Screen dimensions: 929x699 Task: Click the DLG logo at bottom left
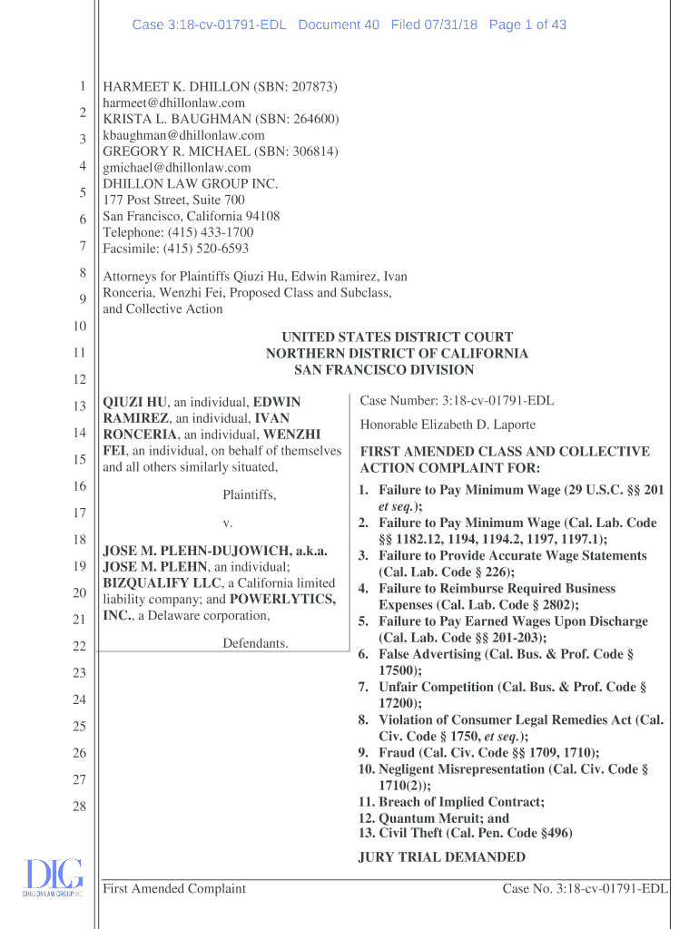coord(53,878)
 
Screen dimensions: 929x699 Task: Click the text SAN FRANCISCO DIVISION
coord(384,370)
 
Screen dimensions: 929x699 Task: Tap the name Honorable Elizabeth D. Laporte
coord(448,425)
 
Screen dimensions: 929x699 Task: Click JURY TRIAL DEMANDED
coord(442,857)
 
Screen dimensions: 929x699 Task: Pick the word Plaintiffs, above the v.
coord(250,495)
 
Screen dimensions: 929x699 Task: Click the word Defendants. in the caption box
coord(255,643)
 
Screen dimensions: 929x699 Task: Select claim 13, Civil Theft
coord(466,834)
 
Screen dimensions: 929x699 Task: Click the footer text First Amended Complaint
coord(174,889)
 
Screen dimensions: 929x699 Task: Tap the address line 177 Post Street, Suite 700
coord(173,200)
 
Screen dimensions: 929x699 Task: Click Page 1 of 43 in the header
coord(527,25)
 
